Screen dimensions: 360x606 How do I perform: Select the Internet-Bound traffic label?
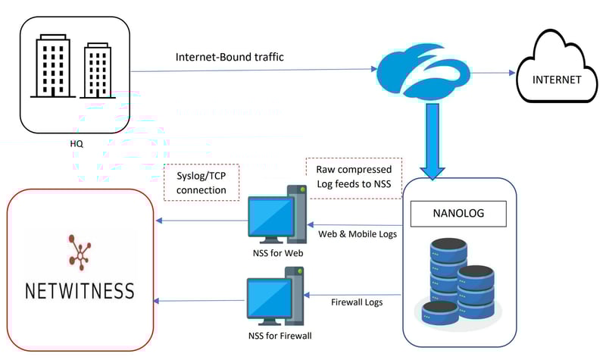point(230,57)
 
